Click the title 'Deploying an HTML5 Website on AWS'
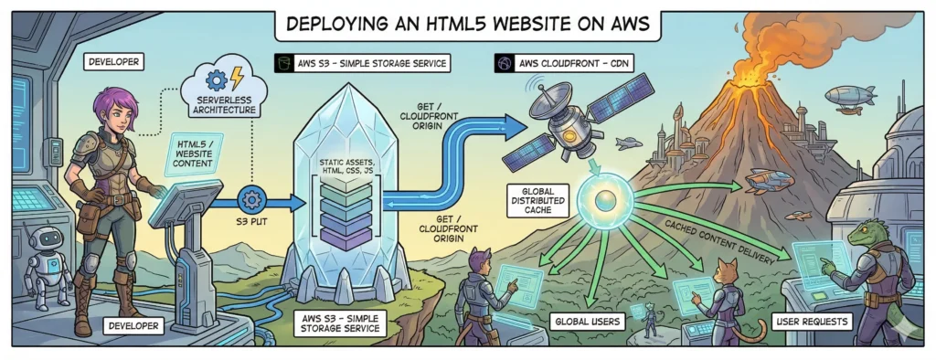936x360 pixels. click(467, 25)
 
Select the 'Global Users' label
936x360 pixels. click(589, 322)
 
